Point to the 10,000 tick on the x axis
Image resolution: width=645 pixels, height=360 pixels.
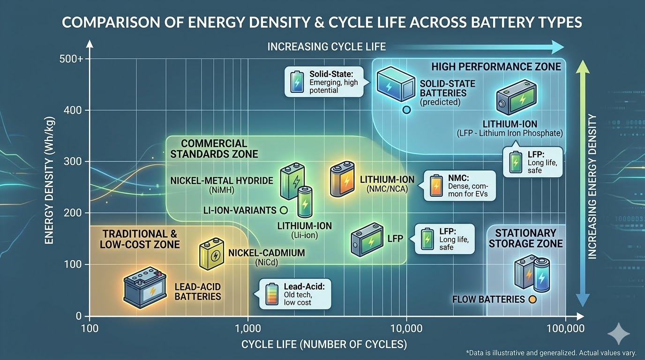click(x=406, y=328)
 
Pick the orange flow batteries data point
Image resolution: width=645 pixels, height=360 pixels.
click(x=532, y=300)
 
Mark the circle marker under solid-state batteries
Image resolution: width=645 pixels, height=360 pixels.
click(x=406, y=110)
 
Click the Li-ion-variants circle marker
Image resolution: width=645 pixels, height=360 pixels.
click(x=283, y=210)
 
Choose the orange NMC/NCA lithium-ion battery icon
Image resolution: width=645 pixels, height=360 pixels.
click(x=341, y=180)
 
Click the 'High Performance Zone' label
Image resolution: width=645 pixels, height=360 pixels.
click(x=496, y=67)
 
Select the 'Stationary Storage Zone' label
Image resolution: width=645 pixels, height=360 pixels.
click(x=525, y=238)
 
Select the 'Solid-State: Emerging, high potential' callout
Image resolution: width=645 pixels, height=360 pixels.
click(x=324, y=81)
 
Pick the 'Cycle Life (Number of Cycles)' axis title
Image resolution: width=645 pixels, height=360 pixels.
click(x=324, y=345)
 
